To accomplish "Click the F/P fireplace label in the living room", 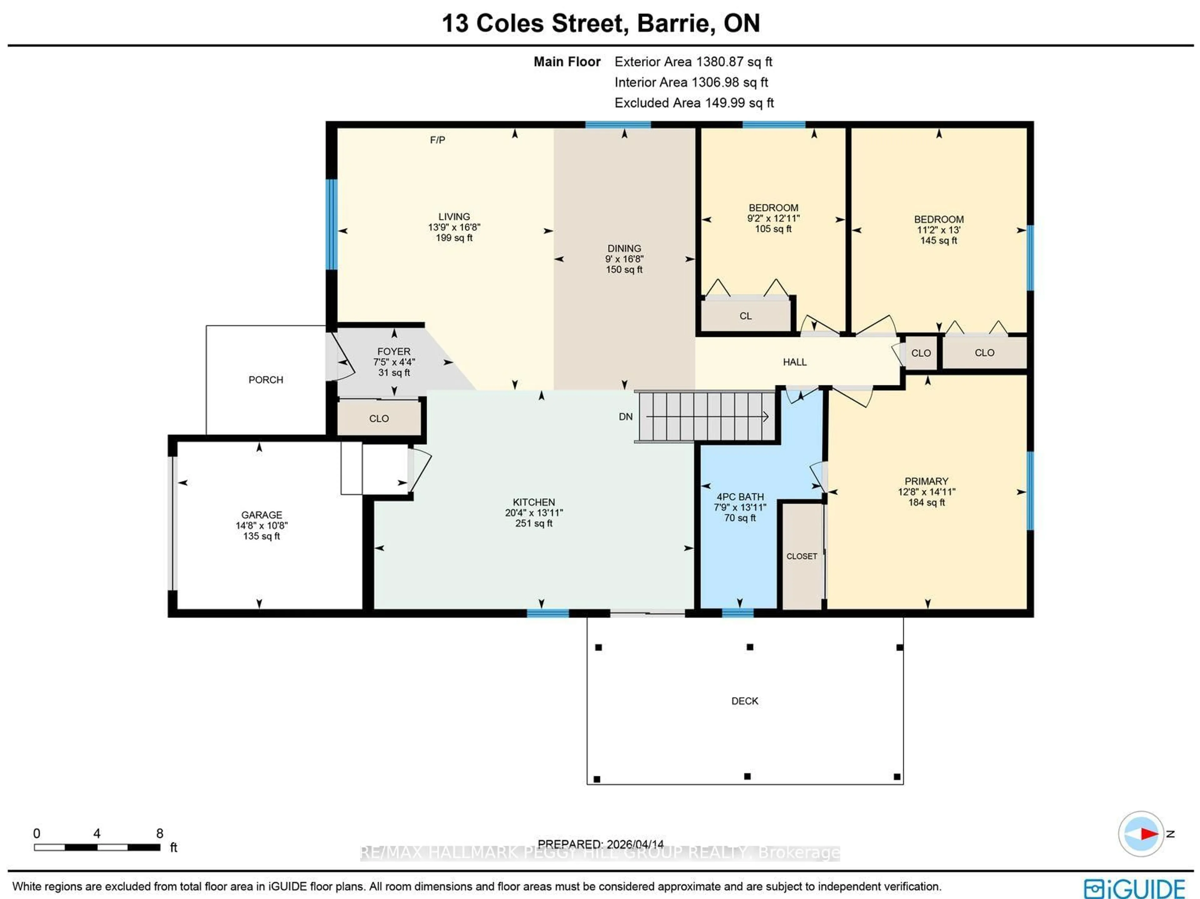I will click(437, 140).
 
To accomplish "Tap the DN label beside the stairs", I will click(626, 417).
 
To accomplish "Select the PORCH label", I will click(266, 380).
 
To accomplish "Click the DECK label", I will click(744, 701).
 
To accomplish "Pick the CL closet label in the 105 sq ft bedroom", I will click(745, 316).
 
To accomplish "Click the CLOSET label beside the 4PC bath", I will click(801, 557).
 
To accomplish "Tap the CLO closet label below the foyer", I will click(379, 419).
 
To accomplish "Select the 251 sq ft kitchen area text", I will click(534, 523).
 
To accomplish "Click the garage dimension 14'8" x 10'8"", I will click(262, 526).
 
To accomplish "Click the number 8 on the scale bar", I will click(159, 833).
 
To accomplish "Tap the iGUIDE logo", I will click(1134, 888).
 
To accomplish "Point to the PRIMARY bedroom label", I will click(926, 481).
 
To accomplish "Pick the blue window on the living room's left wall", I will click(331, 224).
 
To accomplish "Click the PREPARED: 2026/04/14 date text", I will click(601, 844).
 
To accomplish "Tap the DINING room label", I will click(624, 248).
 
